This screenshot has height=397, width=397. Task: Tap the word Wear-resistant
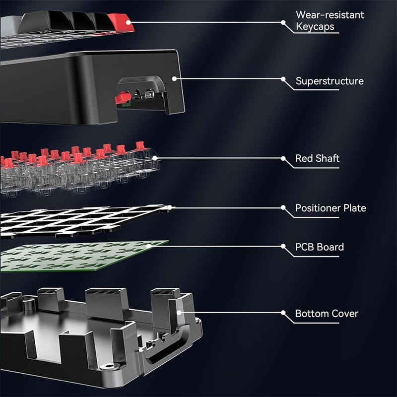tap(330, 14)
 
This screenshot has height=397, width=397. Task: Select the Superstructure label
tap(330, 81)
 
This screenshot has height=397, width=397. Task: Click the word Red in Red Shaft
tap(304, 159)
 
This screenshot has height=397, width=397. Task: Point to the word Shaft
tap(328, 159)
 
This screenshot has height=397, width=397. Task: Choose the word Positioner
tap(319, 208)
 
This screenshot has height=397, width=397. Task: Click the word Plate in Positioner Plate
tap(355, 208)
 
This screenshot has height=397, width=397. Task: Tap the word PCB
tap(305, 247)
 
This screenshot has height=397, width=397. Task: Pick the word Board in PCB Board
tap(331, 247)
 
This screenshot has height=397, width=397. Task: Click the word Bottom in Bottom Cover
tap(311, 314)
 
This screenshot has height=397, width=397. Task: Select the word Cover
tap(344, 314)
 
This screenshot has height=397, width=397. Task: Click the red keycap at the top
tap(122, 21)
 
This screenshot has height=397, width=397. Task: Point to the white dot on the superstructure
tap(174, 78)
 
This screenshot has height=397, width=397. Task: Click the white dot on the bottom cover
tap(180, 313)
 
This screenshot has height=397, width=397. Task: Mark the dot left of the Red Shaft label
tap(283, 159)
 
